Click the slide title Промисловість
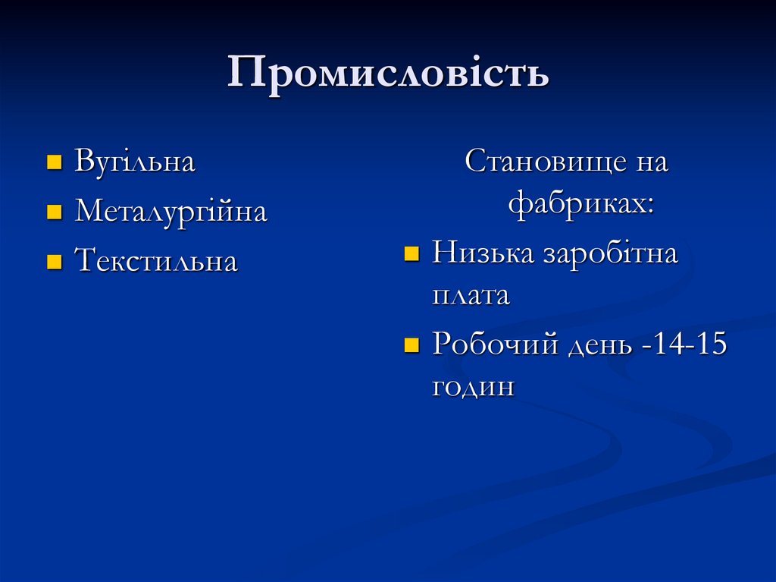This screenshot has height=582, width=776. tap(388, 74)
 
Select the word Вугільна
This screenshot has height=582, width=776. tap(135, 162)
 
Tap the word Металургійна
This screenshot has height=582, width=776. tap(171, 212)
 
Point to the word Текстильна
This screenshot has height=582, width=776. tap(156, 262)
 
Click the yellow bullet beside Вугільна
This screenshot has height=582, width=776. tap(54, 162)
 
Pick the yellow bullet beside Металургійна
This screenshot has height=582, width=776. tap(54, 212)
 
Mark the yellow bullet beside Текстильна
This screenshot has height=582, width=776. tap(54, 263)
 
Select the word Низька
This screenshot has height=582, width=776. tap(482, 253)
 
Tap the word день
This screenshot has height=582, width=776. tap(599, 346)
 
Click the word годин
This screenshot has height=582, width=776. tap(473, 388)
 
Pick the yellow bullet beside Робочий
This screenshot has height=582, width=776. tap(411, 346)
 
